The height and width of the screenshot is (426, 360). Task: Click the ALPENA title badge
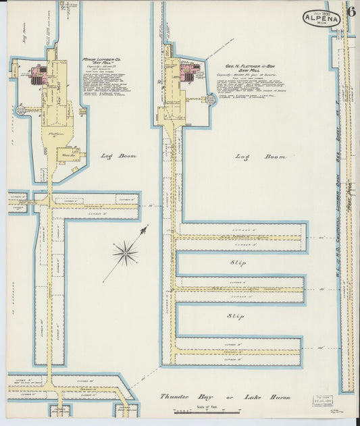coord(322,18)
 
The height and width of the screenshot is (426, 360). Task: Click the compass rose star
coord(125,254)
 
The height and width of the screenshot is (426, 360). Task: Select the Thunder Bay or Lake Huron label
coord(225,398)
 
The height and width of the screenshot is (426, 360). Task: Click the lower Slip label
coord(234,315)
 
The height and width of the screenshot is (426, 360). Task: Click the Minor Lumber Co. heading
coord(101,60)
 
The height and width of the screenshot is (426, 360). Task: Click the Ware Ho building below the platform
coord(70,154)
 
